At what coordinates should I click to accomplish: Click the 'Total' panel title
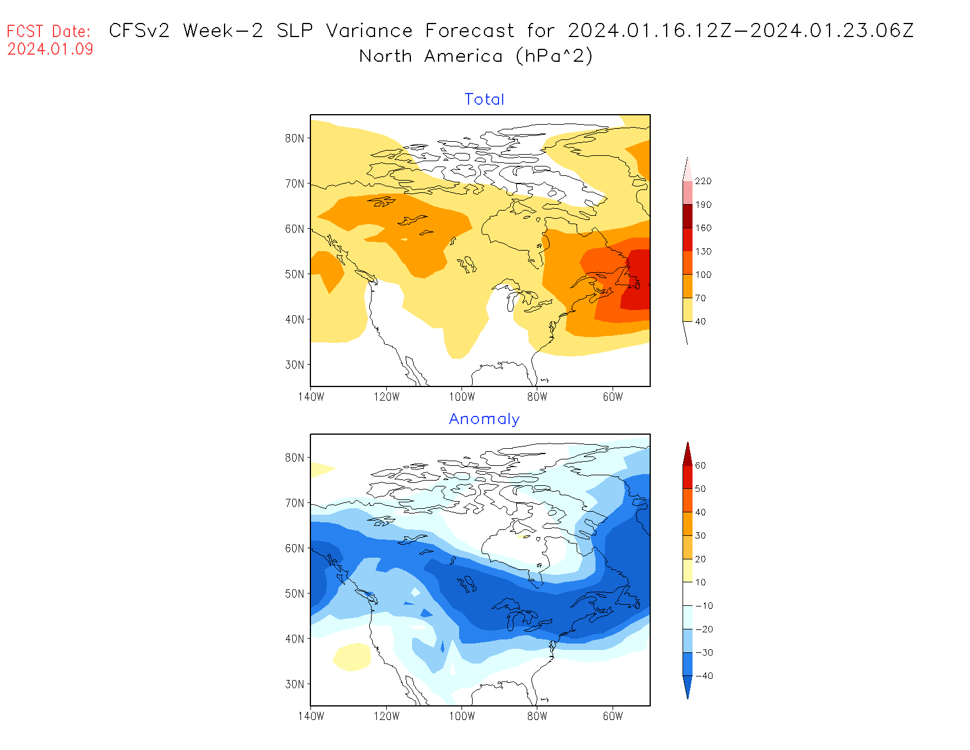tap(484, 99)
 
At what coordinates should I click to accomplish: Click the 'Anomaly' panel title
tap(484, 419)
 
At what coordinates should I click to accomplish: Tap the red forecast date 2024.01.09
tap(51, 49)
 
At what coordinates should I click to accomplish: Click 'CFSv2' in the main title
tap(139, 31)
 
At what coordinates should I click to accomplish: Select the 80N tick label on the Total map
tap(295, 138)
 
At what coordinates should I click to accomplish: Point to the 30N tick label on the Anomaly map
tap(295, 684)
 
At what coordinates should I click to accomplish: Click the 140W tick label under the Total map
tap(311, 396)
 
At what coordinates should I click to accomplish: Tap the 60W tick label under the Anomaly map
tap(613, 716)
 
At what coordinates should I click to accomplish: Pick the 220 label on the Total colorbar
tap(703, 181)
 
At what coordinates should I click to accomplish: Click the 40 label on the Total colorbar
tap(700, 321)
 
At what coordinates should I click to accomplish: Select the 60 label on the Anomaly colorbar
tap(700, 465)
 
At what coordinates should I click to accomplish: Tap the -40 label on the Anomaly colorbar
tap(704, 676)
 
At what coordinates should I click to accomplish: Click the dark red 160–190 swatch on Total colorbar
tap(687, 216)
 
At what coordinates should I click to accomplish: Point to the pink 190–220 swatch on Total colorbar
tap(687, 192)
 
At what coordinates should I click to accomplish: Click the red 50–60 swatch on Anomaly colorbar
tap(687, 477)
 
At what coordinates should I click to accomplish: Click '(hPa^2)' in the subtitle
tap(554, 56)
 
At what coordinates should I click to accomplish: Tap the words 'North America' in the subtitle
tap(431, 56)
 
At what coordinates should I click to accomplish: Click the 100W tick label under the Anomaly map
tap(462, 716)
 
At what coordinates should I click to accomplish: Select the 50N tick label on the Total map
tap(295, 274)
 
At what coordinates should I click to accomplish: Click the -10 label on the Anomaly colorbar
tap(704, 606)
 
